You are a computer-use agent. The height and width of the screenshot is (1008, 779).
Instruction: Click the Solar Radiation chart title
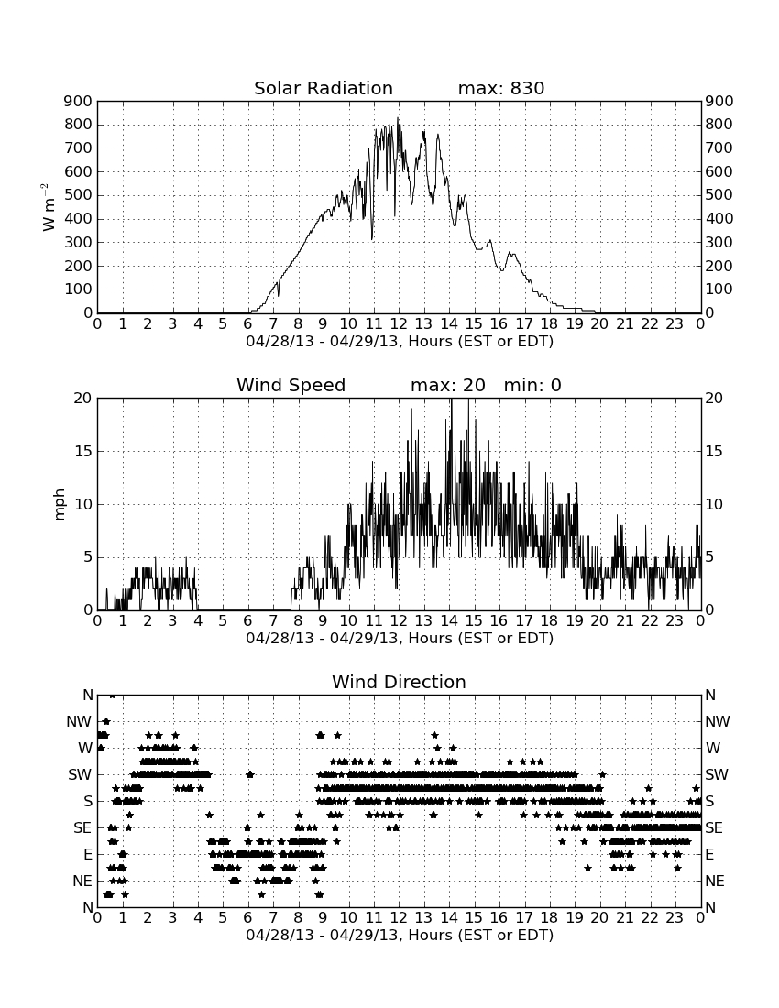click(324, 88)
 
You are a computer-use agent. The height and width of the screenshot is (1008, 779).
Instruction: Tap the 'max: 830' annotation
click(501, 88)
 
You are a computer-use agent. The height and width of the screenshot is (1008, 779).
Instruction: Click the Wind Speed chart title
click(291, 385)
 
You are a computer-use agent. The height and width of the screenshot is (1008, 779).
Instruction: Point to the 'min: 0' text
click(532, 385)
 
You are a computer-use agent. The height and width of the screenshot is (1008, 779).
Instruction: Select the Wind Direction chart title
click(399, 682)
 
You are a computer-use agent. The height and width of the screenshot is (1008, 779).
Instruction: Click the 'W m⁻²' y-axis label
click(49, 207)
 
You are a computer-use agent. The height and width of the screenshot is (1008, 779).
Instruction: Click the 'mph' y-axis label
click(60, 505)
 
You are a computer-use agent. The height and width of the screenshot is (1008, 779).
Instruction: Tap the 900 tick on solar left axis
click(79, 101)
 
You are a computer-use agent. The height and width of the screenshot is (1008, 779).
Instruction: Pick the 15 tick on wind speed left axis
click(83, 451)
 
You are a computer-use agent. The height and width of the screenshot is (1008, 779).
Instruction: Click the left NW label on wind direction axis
click(79, 722)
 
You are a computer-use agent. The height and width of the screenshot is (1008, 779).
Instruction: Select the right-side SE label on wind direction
click(714, 828)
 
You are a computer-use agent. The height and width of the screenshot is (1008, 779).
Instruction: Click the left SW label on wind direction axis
click(81, 775)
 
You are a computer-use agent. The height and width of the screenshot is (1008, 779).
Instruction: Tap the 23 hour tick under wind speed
click(675, 621)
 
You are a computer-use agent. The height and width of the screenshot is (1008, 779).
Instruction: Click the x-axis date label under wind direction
click(400, 935)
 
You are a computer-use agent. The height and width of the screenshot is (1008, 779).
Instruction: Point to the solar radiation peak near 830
click(398, 119)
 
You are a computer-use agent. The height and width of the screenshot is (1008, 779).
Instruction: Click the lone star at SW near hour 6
click(250, 774)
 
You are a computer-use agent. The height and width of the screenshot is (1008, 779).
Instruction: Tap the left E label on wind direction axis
click(87, 855)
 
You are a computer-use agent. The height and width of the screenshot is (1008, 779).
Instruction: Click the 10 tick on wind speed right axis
click(714, 505)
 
